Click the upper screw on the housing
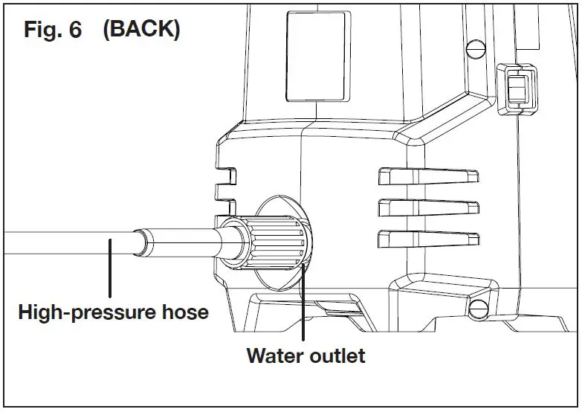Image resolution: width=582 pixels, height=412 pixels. point(471,48)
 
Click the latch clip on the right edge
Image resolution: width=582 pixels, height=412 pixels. point(514,89)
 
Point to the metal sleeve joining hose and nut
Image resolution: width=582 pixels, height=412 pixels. point(178,244)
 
